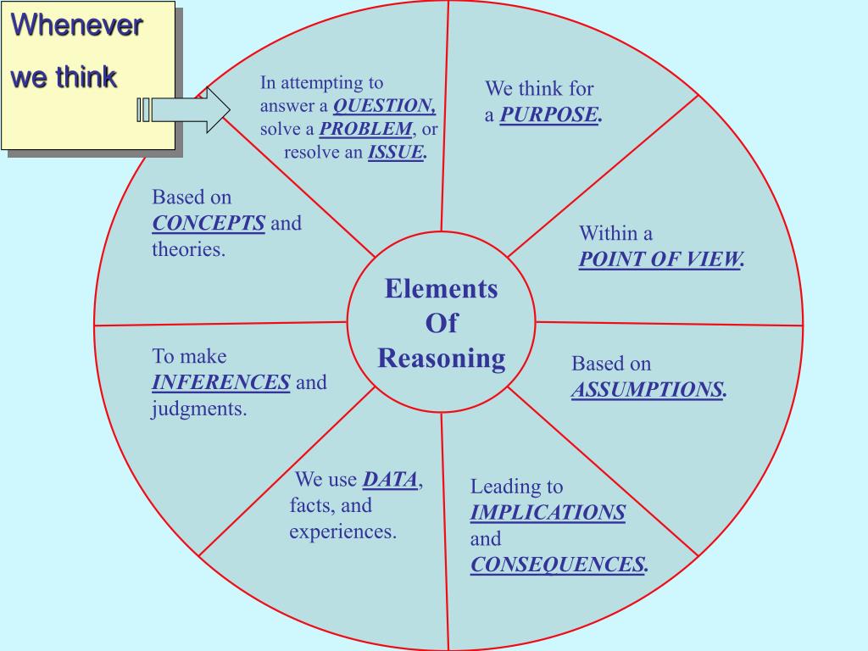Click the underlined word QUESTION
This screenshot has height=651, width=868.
[x=384, y=106]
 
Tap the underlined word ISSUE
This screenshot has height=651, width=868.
[x=396, y=153]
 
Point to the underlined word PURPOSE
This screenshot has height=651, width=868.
[x=548, y=114]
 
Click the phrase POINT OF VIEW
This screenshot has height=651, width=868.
[x=659, y=259]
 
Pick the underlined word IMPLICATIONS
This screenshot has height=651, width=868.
[x=548, y=512]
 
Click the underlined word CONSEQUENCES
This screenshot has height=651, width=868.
[x=558, y=565]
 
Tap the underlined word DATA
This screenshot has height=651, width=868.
[x=390, y=480]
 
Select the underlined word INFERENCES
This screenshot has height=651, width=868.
[x=221, y=382]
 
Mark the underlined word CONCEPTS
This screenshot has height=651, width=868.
[x=209, y=224]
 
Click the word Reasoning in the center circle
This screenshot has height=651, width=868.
[x=441, y=358]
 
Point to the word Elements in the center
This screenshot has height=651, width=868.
[x=441, y=289]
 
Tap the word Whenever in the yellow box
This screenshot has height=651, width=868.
[x=76, y=25]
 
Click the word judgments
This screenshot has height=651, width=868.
[x=199, y=409]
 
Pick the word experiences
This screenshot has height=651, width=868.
[x=342, y=532]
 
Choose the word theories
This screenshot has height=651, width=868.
[x=188, y=250]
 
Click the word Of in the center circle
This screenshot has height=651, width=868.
[x=441, y=323]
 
